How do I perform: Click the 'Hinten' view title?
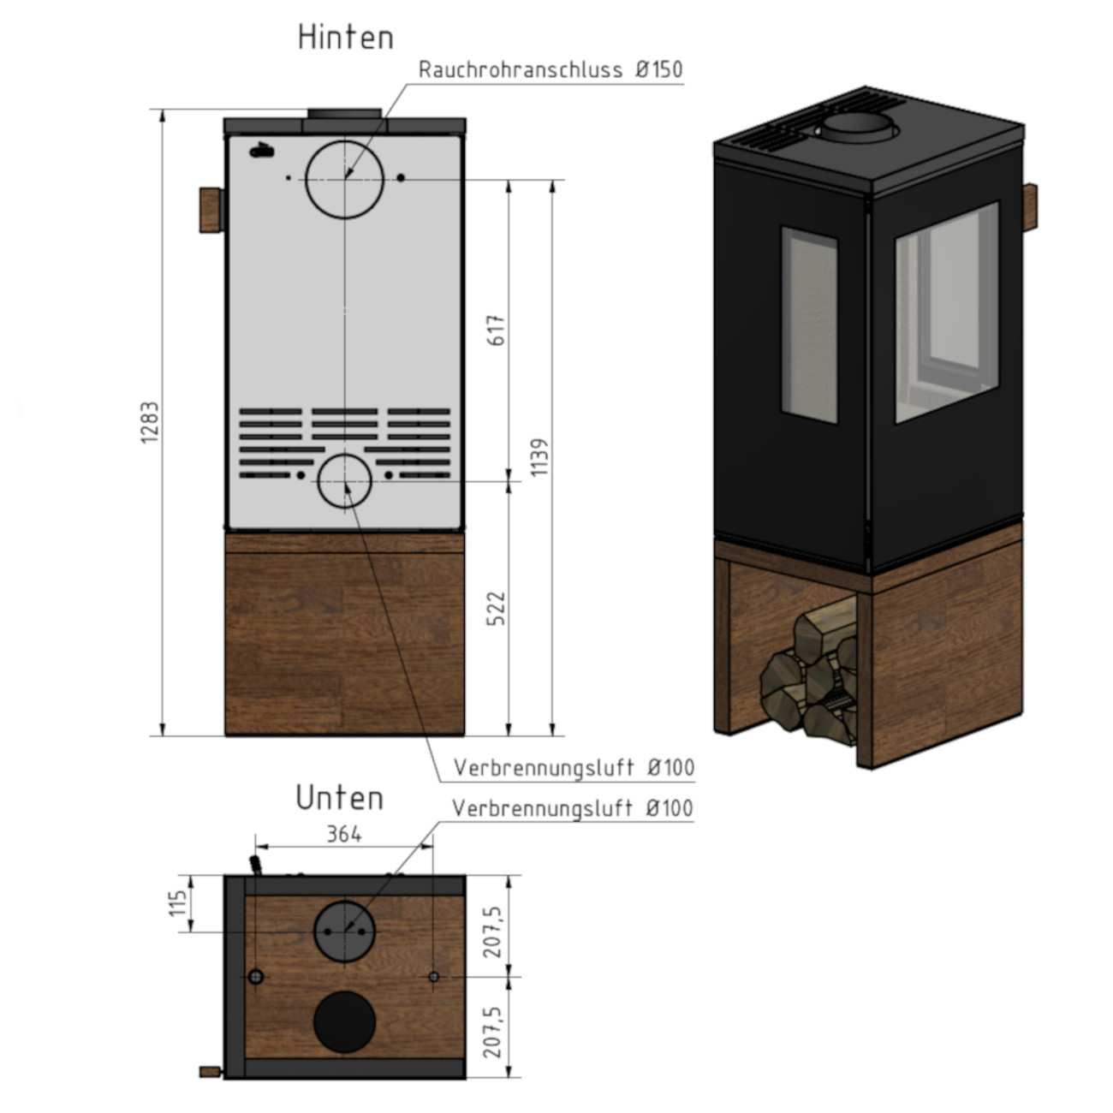[x=346, y=38]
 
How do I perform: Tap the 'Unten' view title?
[x=339, y=798]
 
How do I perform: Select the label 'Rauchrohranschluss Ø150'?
[x=551, y=70]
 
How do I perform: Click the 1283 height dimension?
[x=150, y=422]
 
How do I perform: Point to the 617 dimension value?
[x=497, y=330]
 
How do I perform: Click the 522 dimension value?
[x=497, y=608]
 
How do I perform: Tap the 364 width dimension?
[x=344, y=834]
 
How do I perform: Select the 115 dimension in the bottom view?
[x=178, y=903]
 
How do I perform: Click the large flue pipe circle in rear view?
[x=345, y=178]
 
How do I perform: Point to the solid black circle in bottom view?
[x=344, y=1022]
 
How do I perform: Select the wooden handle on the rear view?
[x=209, y=210]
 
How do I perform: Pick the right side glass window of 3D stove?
[x=947, y=312]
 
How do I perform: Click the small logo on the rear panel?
[x=261, y=152]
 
